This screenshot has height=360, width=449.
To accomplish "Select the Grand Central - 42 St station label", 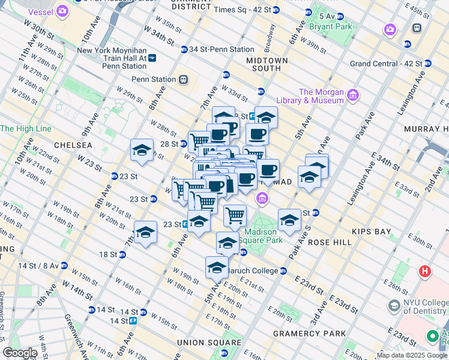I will [x=385, y=63].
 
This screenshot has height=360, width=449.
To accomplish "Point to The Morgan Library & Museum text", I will [x=321, y=96].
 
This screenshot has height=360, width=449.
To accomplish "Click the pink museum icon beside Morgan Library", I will [x=353, y=95].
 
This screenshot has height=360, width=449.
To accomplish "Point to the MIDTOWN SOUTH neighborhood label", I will [x=267, y=64].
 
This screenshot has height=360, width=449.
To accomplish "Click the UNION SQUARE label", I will [x=200, y=342].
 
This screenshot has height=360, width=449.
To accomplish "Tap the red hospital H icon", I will [x=425, y=271].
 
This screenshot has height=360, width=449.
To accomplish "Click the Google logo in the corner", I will [x=20, y=352].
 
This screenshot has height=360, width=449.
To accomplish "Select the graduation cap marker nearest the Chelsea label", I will [x=142, y=150].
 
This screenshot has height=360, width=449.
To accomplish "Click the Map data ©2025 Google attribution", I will [x=412, y=355].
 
